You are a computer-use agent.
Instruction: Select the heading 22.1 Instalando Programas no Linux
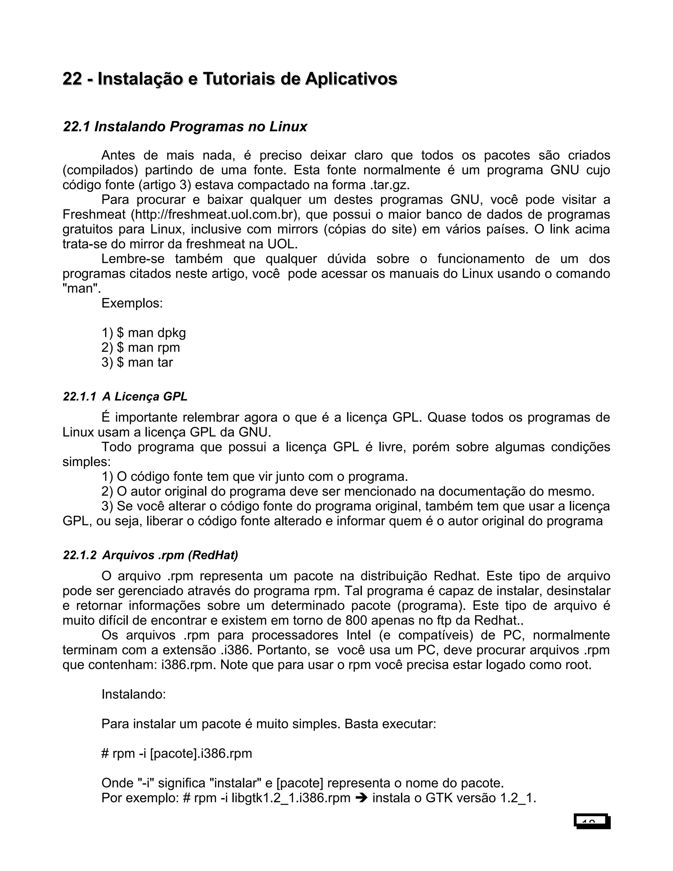coord(185,127)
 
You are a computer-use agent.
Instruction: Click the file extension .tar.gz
coord(387,185)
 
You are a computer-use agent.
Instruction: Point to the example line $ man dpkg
coord(151,333)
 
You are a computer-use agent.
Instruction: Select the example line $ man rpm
coord(148,347)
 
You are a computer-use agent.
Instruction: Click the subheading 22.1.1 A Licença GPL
coord(125,397)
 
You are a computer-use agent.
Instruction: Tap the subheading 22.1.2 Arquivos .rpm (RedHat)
coord(150,555)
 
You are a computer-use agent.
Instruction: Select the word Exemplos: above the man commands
coord(132,303)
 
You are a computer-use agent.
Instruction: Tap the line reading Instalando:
coord(133,694)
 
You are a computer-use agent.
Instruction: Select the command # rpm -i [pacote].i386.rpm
coord(176,753)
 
